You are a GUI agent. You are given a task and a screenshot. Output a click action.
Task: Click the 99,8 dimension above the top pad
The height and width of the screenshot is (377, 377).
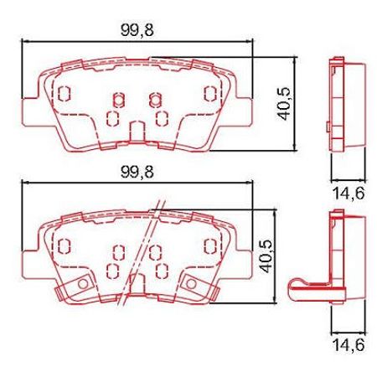pyautogui.click(x=137, y=30)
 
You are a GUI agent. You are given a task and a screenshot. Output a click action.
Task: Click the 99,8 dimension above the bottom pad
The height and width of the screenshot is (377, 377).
pyautogui.click(x=137, y=172)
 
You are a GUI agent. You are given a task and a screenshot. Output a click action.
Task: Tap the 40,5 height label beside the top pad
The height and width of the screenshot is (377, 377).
pyautogui.click(x=284, y=104)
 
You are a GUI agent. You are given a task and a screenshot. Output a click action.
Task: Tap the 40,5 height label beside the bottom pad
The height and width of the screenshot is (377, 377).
pyautogui.click(x=266, y=256)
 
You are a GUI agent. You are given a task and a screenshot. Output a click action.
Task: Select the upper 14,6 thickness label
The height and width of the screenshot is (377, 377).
pyautogui.click(x=349, y=194)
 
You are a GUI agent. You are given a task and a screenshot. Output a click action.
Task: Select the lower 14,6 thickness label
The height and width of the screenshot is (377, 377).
pyautogui.click(x=349, y=344)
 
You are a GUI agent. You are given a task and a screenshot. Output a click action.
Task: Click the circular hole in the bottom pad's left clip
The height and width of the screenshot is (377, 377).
pyautogui.click(x=83, y=284)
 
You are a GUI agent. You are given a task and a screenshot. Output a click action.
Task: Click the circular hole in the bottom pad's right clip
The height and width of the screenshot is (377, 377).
pyautogui.click(x=191, y=284)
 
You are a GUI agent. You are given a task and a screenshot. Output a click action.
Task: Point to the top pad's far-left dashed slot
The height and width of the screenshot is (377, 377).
pyautogui.click(x=64, y=93)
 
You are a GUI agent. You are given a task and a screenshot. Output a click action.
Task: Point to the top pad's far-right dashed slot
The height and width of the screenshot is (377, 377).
pyautogui.click(x=210, y=93)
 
